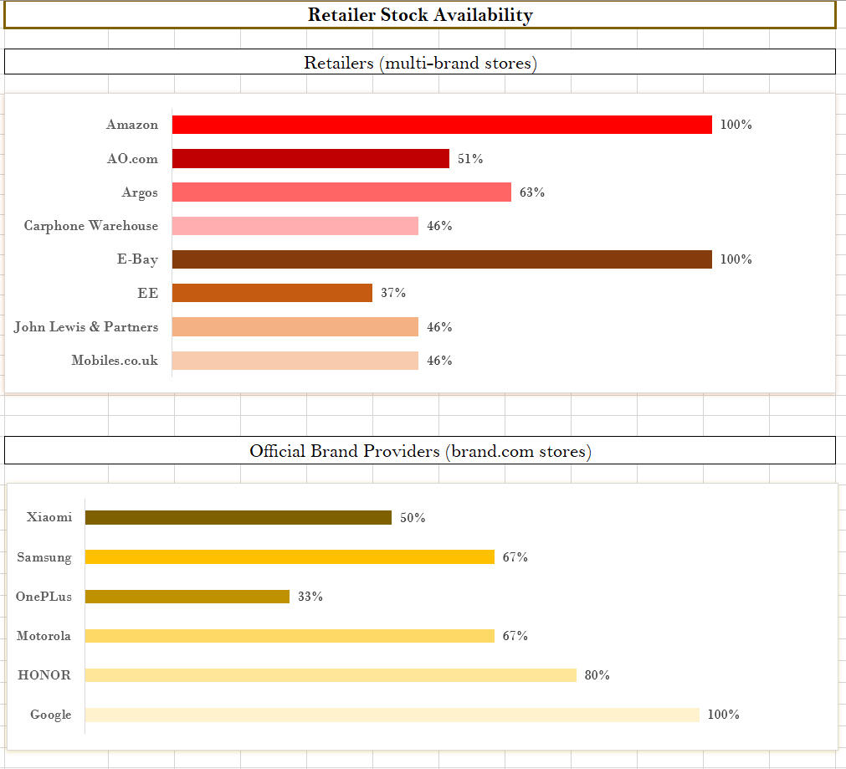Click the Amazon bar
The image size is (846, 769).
442,125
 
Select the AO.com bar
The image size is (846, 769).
310,158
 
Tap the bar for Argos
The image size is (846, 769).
341,192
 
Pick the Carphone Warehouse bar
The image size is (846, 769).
295,226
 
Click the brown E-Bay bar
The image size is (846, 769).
442,259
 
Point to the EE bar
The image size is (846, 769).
272,293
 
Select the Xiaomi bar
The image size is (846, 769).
238,518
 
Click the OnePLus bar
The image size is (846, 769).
187,597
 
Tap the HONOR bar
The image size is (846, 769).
331,675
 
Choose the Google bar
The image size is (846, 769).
392,715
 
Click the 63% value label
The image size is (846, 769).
532,192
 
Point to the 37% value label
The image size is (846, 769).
393,293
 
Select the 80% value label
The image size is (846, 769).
597,675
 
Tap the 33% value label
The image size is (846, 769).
310,597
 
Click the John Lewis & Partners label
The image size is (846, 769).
86,326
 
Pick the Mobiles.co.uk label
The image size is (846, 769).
115,361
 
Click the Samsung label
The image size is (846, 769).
44,557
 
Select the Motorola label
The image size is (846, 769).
44,636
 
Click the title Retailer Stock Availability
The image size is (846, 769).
420,15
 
